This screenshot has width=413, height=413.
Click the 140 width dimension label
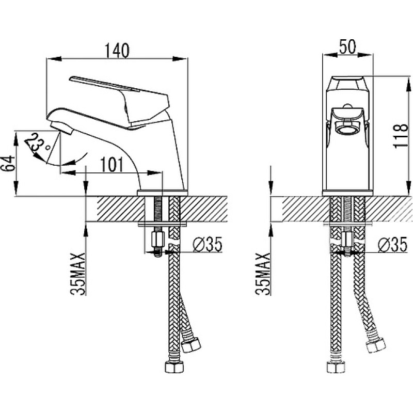pos(117,51)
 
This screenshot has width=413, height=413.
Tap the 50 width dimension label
pos(347,46)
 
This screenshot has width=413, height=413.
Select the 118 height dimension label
pos(401,136)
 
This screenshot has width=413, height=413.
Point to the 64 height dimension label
pos(7,163)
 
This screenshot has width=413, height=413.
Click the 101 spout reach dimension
pos(112,165)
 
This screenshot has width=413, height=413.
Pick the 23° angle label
pos(37,145)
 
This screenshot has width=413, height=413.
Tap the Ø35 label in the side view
pos(208,244)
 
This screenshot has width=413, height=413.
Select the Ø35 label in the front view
pos(392,244)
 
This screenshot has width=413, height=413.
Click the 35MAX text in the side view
pos(78,274)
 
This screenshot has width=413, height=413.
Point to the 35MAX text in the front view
pos(263,274)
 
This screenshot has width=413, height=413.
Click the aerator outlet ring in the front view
pos(347,130)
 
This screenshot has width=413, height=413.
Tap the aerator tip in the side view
pos(61,128)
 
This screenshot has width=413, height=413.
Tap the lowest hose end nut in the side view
pos(174,367)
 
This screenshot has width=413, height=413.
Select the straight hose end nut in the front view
pos(336,367)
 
